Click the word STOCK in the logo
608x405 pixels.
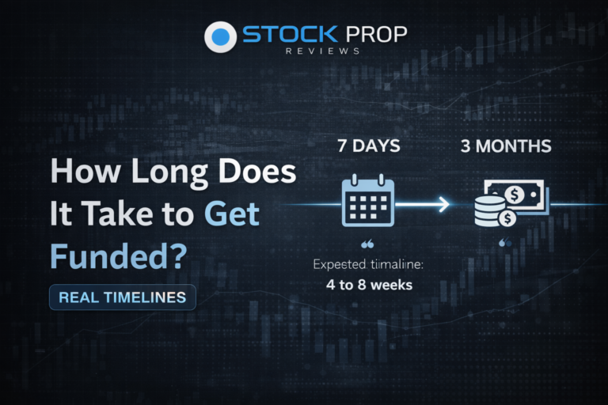coord(279,35)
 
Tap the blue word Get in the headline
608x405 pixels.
coord(231,214)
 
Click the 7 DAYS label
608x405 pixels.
coord(367,146)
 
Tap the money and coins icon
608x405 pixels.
coord(503,204)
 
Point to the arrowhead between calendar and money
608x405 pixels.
coord(443,205)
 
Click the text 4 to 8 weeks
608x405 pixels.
coord(369,284)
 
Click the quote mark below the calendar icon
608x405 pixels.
coord(367,245)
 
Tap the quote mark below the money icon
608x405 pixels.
coord(504,244)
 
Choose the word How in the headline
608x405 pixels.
coord(82,172)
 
